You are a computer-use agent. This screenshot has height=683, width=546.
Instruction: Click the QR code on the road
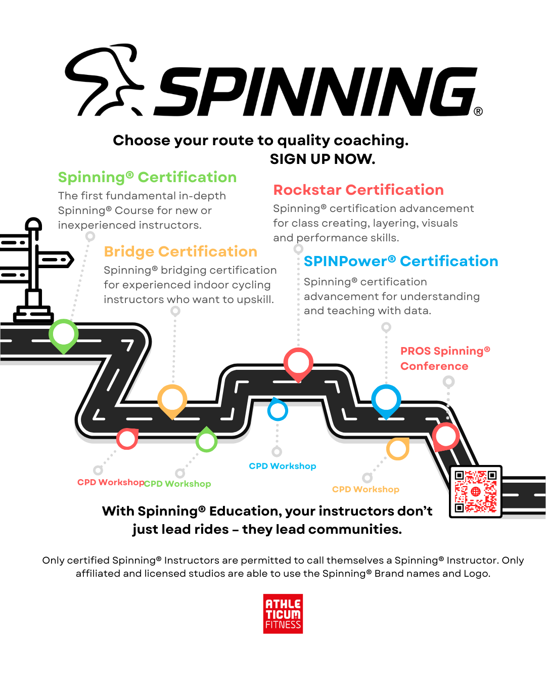tap(475, 491)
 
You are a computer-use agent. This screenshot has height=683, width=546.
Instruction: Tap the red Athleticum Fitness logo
tap(283, 614)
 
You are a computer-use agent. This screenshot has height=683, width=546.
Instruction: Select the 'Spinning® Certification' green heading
tap(147, 177)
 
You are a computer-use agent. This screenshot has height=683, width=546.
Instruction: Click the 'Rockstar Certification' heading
tap(358, 190)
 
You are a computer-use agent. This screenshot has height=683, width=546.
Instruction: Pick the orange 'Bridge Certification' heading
tap(180, 251)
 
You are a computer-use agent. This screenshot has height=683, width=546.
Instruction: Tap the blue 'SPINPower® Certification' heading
tap(401, 261)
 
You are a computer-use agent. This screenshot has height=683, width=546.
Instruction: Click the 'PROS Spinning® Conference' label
tap(445, 358)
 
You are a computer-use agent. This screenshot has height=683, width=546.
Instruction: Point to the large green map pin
tap(64, 335)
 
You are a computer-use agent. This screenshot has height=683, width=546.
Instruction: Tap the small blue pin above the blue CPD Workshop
tap(278, 409)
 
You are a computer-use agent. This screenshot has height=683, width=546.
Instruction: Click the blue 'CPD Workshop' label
tap(283, 466)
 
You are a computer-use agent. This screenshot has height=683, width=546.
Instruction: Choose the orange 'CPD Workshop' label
tap(366, 489)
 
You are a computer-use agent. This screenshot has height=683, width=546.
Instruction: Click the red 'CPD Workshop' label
tap(111, 482)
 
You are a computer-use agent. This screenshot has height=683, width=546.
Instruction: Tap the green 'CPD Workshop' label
tap(177, 484)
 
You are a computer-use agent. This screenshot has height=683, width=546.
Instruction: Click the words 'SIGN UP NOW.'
tap(323, 159)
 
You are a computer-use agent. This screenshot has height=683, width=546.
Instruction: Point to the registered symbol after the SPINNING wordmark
tap(478, 111)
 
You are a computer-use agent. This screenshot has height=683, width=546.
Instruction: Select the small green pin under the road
tap(206, 440)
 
